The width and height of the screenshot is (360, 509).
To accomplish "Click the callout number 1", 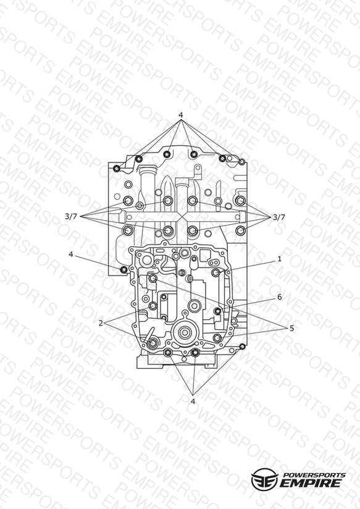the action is pyautogui.click(x=279, y=259).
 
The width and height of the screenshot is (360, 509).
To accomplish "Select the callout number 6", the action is pyautogui.click(x=279, y=297).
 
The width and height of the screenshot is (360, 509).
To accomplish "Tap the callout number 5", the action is pyautogui.click(x=291, y=328).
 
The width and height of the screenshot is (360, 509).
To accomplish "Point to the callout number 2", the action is pyautogui.click(x=101, y=323).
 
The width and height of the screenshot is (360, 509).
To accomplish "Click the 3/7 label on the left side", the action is pyautogui.click(x=71, y=217).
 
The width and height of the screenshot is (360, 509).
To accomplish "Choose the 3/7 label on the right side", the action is pyautogui.click(x=278, y=217).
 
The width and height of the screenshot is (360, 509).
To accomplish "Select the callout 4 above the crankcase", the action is pyautogui.click(x=181, y=115).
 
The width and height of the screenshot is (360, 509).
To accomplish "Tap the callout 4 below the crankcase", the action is pyautogui.click(x=193, y=402).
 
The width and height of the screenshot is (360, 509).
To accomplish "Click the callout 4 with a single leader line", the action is pyautogui.click(x=71, y=254).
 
